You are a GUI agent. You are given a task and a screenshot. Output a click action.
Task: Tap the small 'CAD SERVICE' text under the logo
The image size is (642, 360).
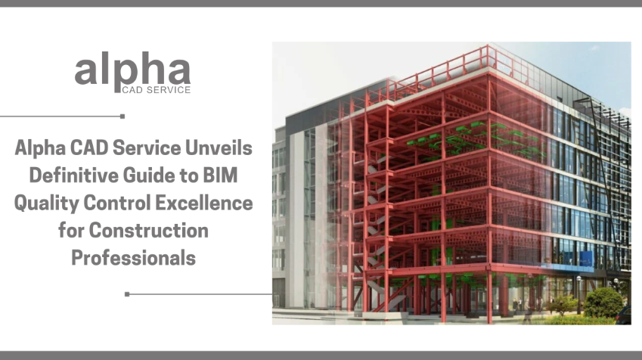click(x=156, y=89)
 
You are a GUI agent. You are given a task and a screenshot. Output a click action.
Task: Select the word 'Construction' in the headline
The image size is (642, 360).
click(x=155, y=230)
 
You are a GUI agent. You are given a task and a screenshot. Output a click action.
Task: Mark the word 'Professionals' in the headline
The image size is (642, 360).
click(x=133, y=257)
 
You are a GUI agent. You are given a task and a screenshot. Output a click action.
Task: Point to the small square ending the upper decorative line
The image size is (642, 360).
click(x=123, y=116)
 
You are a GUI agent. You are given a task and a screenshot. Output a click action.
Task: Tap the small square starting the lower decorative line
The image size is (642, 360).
click(x=127, y=293)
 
